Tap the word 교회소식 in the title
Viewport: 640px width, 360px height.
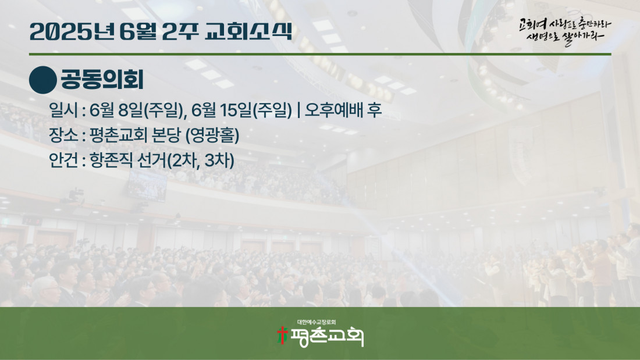[249, 31]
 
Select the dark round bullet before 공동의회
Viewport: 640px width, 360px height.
[43, 80]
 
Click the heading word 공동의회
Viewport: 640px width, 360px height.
[102, 80]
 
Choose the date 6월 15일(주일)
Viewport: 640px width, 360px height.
[241, 110]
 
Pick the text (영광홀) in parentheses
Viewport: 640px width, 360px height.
[212, 136]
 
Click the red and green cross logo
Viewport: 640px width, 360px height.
[282, 336]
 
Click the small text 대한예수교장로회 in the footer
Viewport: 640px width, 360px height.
[317, 322]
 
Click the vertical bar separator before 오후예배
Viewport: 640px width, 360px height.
[299, 110]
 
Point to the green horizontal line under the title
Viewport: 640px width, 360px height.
[320, 54]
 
